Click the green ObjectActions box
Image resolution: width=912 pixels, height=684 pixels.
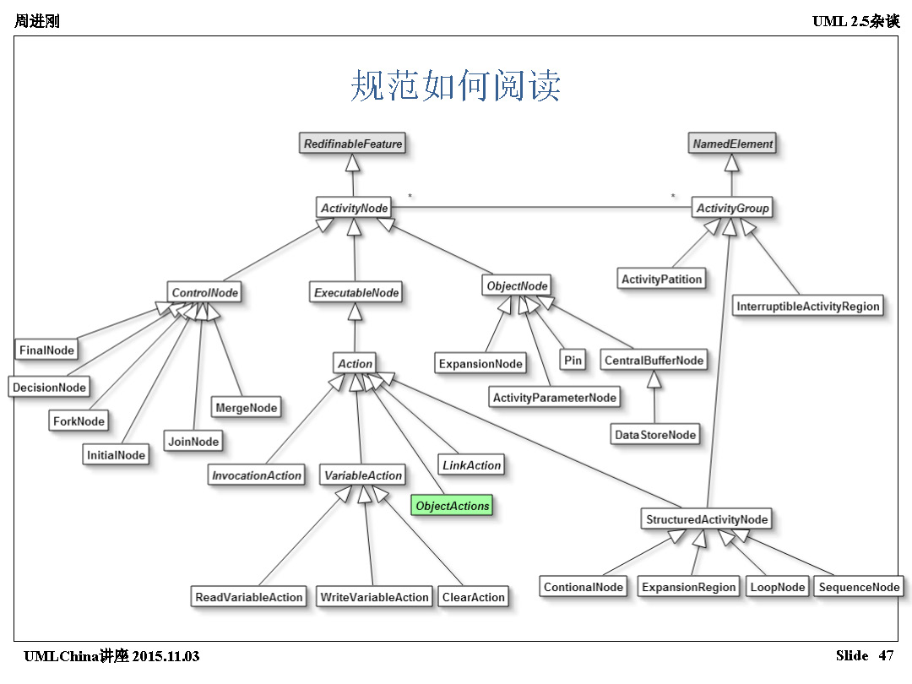(x=453, y=506)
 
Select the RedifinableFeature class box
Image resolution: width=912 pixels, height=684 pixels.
(x=353, y=144)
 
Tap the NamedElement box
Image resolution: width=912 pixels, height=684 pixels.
(x=732, y=144)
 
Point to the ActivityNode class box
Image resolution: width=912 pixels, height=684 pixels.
(x=354, y=208)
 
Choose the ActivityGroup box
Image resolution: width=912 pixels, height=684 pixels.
(x=732, y=208)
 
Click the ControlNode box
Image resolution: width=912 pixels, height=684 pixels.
(x=205, y=293)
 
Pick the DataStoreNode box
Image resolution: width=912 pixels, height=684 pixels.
(x=655, y=435)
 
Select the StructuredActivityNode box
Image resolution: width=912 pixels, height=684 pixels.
(x=707, y=519)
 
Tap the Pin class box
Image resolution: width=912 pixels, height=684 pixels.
(x=573, y=361)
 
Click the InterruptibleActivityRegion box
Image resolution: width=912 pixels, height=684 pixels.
(x=808, y=307)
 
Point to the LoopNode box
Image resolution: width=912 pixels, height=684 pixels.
(x=777, y=587)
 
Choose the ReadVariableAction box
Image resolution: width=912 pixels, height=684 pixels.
(x=248, y=597)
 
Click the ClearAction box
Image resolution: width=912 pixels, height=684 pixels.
(x=473, y=597)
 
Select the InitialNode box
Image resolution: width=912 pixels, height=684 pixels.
(x=116, y=455)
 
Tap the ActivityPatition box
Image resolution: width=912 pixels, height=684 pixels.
(x=661, y=280)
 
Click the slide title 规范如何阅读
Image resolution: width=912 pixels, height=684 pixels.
(x=456, y=87)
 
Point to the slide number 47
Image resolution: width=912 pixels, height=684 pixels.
(x=886, y=655)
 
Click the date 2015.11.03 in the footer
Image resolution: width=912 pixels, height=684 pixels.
(x=166, y=656)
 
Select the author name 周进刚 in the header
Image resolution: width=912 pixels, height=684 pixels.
(x=37, y=21)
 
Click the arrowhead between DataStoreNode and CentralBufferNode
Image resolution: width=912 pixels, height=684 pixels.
(x=654, y=379)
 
